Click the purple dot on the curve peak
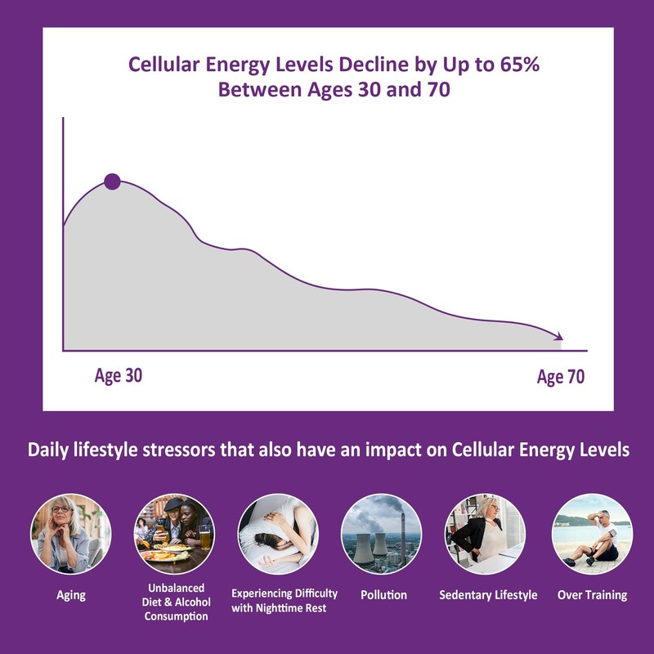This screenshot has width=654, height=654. tap(112, 181)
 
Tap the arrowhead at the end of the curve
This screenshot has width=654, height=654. tap(559, 336)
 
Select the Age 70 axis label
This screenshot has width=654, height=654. tap(562, 377)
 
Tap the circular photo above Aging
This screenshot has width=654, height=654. tap(70, 534)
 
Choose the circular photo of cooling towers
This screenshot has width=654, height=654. tap(382, 534)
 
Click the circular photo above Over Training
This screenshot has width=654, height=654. tap(592, 534)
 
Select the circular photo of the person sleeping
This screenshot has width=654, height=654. tap(277, 534)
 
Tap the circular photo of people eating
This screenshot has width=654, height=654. tap(173, 534)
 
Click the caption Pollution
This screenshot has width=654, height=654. tap(383, 595)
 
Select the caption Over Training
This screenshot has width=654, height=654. tap(593, 595)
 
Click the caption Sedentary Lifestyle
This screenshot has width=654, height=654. tap(488, 595)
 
